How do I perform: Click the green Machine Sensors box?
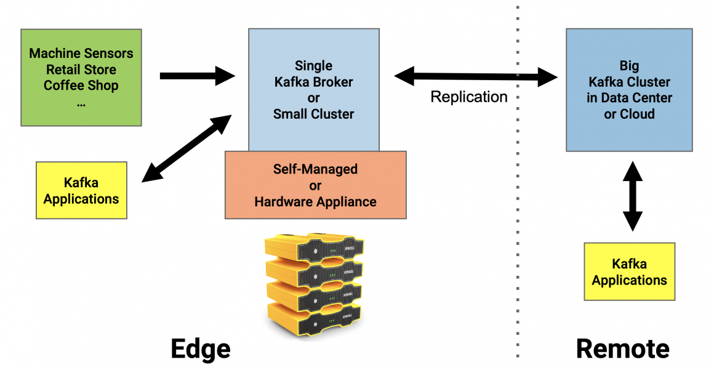pyautogui.click(x=81, y=77)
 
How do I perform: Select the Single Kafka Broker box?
pyautogui.click(x=313, y=89)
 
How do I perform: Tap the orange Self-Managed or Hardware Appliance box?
pyautogui.click(x=315, y=185)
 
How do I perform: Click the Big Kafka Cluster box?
pyautogui.click(x=628, y=89)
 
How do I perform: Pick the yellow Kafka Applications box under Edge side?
pyautogui.click(x=81, y=190)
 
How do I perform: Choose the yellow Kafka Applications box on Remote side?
pyautogui.click(x=629, y=271)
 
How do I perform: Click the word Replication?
pyautogui.click(x=469, y=97)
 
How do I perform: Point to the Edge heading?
pyautogui.click(x=201, y=349)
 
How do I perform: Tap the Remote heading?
pyautogui.click(x=622, y=349)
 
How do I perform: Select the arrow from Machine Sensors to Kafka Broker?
pyautogui.click(x=197, y=76)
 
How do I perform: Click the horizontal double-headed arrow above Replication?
pyautogui.click(x=475, y=77)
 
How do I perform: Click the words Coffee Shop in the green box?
pyautogui.click(x=81, y=86)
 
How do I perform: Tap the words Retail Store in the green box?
pyautogui.click(x=81, y=70)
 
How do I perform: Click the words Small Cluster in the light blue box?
pyautogui.click(x=313, y=114)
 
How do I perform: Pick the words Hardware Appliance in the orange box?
pyautogui.click(x=315, y=201)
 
